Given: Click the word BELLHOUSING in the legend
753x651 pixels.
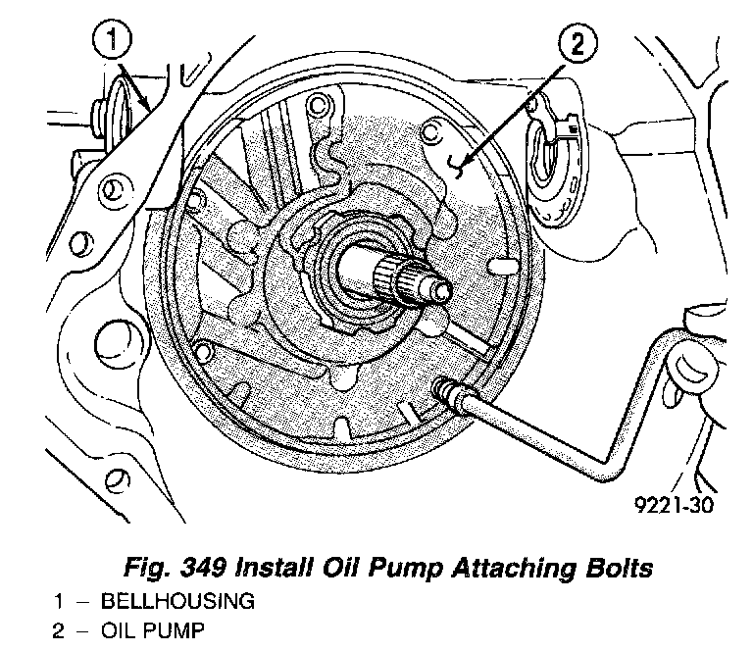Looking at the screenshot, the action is [x=176, y=602].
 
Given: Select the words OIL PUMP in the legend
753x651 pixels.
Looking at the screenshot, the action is [x=153, y=630].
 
